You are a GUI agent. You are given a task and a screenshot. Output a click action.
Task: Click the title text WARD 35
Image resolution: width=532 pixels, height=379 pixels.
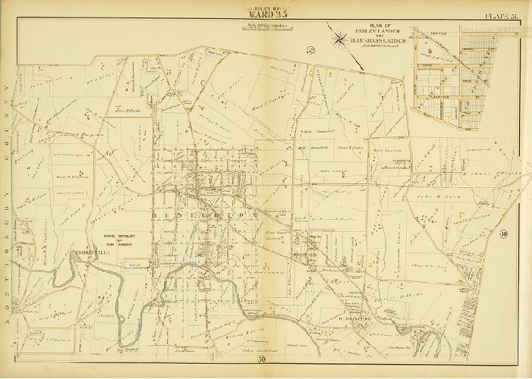tap(266, 13)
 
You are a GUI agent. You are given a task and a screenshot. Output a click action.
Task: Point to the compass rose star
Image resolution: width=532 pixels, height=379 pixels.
tap(336, 35)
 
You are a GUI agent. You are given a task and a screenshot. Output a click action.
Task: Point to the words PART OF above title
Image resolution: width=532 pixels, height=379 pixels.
tap(266, 5)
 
